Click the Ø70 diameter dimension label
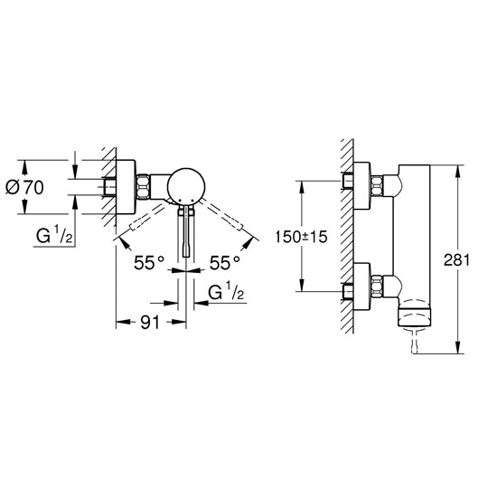pos(24,187)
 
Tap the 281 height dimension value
pos(456,260)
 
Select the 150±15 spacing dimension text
pos(301,237)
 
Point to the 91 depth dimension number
pos(150,323)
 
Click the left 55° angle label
pos(148,263)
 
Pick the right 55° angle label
pos(224,263)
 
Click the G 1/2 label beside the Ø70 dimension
pos(54,236)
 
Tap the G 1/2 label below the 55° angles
pos(226,292)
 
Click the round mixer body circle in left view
pos(186,187)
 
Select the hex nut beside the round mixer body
pos(144,187)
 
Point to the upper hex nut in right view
pos(377,186)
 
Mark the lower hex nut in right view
pos(377,286)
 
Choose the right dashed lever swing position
pos(222,215)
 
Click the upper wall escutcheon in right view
pos(362,186)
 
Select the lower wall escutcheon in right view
pos(362,286)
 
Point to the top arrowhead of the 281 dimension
pos(457,172)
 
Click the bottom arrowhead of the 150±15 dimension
pos(302,285)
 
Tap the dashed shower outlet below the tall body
pos(415,340)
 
